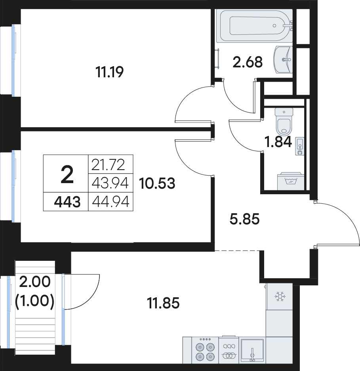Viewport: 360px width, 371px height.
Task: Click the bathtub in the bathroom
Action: (254, 26)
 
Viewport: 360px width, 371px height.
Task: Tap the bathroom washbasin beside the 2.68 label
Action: (283, 60)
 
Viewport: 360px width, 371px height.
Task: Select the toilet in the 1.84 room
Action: (284, 121)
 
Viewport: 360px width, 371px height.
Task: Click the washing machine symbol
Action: (291, 181)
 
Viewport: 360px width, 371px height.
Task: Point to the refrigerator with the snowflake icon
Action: (279, 297)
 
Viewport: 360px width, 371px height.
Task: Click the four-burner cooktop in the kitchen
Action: (205, 350)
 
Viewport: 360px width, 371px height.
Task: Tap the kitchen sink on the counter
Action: (252, 350)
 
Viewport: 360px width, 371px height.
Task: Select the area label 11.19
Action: (109, 72)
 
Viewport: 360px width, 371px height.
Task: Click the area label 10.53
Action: (157, 184)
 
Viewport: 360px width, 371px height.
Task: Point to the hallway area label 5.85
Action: (244, 219)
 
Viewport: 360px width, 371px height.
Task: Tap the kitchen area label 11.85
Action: (163, 303)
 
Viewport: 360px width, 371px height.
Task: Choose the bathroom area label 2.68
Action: (248, 62)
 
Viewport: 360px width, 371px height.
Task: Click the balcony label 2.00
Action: (35, 282)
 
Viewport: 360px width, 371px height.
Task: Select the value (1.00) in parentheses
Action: (35, 301)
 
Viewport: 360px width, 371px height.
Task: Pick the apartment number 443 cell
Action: (67, 203)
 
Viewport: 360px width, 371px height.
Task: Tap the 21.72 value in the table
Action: (108, 165)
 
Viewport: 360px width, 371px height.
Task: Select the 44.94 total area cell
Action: (110, 202)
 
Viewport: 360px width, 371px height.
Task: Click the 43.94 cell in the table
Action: (110, 183)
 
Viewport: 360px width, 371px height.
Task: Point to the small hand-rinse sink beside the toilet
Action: (299, 146)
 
